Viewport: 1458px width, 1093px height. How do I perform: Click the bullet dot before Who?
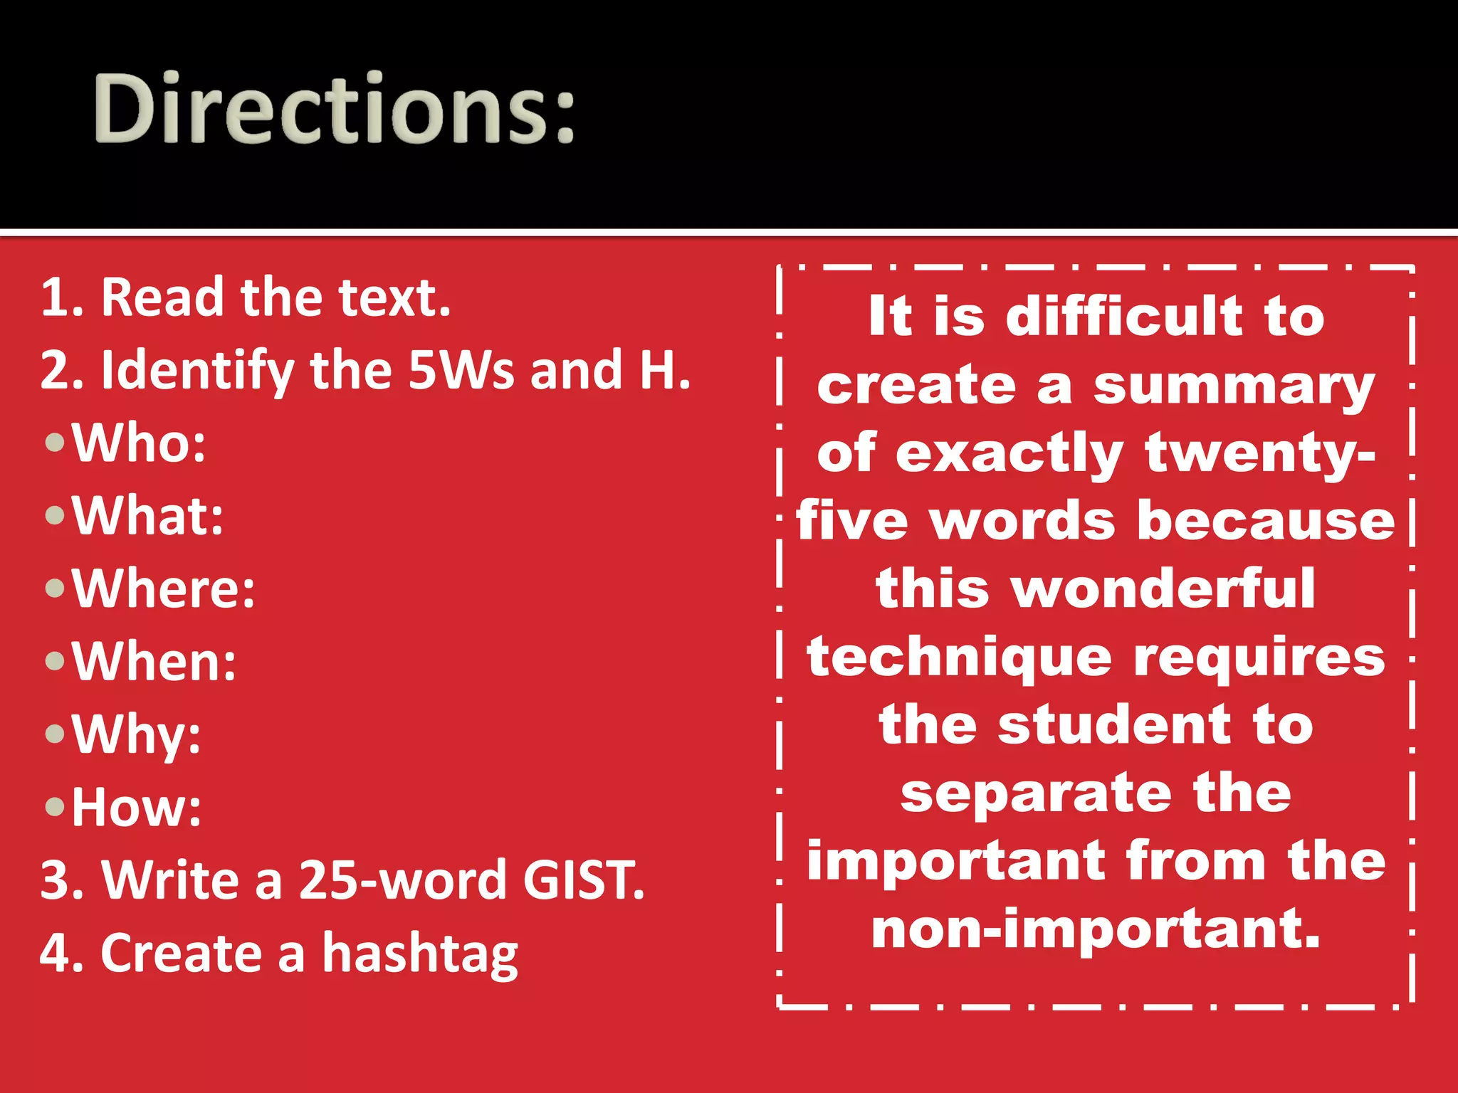click(x=55, y=443)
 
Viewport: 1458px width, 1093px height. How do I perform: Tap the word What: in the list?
click(x=148, y=516)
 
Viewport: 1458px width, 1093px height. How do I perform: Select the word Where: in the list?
click(x=164, y=588)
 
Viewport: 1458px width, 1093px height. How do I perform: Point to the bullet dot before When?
click(x=55, y=662)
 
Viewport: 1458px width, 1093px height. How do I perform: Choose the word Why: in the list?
click(x=137, y=734)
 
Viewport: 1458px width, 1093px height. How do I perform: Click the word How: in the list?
click(x=137, y=808)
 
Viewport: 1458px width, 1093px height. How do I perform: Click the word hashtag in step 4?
click(x=420, y=954)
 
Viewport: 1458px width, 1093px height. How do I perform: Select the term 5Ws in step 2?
click(x=461, y=371)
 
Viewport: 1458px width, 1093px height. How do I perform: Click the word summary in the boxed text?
click(x=1234, y=387)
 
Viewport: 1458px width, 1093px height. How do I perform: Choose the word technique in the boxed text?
click(x=959, y=658)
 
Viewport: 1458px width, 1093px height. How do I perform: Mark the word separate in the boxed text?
click(x=1036, y=793)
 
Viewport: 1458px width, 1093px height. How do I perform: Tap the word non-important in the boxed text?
click(x=1096, y=930)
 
